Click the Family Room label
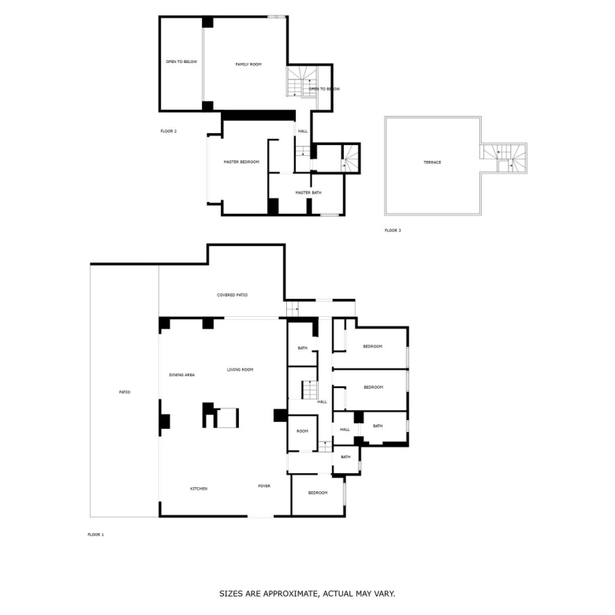[x=248, y=65]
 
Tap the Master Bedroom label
[x=241, y=162]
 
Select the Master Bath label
[x=308, y=192]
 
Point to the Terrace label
[x=432, y=162]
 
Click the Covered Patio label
[x=232, y=295]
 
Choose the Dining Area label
[x=182, y=375]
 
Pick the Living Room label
[x=240, y=370]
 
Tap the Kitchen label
[x=199, y=489]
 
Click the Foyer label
[x=264, y=486]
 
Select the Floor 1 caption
[x=95, y=535]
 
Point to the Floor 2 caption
[x=169, y=131]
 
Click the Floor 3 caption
[x=393, y=230]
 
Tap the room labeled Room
[x=303, y=431]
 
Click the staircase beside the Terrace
[x=504, y=158]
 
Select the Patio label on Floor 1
[x=125, y=392]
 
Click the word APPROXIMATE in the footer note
[x=291, y=594]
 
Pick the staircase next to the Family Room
[x=301, y=81]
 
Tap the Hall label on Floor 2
[x=303, y=131]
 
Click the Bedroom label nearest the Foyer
[x=318, y=493]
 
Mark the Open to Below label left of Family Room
[x=181, y=61]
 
